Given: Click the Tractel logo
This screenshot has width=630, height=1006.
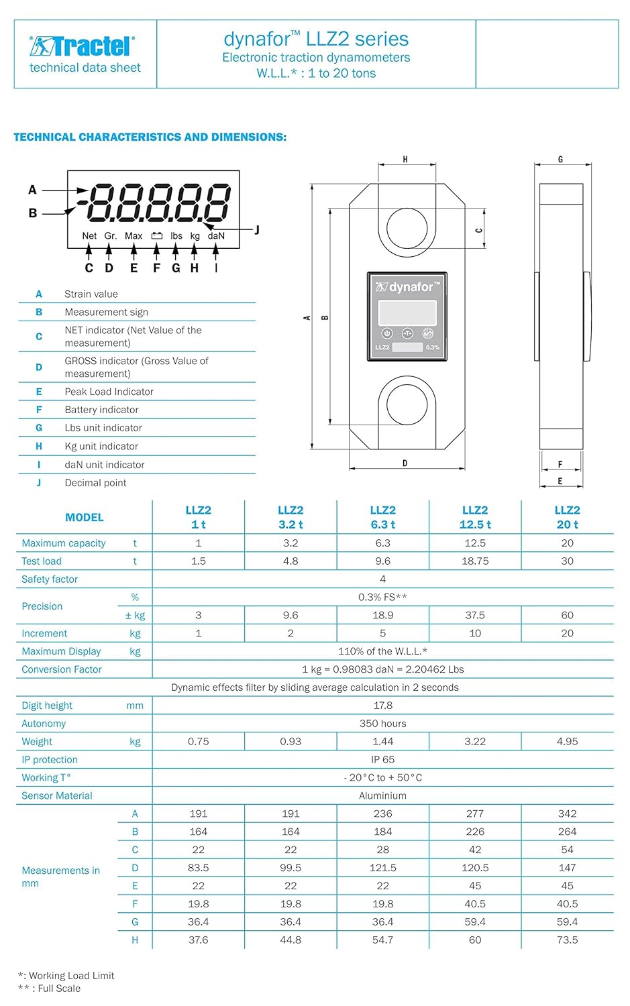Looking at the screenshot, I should pos(83,46).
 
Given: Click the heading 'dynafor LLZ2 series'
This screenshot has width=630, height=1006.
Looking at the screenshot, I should pos(316,39).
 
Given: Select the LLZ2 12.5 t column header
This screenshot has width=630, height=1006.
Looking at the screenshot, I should pos(475,517).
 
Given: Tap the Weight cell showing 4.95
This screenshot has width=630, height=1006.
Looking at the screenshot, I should pos(567,741).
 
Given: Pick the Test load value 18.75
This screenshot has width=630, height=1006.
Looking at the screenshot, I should pos(475,561).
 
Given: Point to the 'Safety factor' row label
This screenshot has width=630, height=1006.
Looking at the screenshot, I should pos(50,579).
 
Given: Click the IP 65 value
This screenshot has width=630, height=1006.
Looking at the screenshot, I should pos(382,759).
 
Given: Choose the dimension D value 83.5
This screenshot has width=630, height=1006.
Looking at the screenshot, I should pos(199,867).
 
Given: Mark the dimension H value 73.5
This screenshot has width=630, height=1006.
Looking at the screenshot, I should pos(567,940).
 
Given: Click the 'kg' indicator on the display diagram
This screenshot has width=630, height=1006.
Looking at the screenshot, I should pos(195,236).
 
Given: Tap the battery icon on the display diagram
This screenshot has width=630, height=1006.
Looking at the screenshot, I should pos(156,236).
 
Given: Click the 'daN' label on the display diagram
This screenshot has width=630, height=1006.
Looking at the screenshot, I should pos(216,236).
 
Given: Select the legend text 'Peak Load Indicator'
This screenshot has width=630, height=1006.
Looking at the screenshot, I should pos(109,392).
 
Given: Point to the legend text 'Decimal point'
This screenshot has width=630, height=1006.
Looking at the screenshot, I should pos(95,483).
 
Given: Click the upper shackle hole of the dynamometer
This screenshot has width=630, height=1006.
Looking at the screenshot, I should pos(407,229).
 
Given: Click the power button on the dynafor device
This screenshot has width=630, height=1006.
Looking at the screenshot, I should pos(386,333).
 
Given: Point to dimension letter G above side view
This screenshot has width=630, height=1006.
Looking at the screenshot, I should pos(560,160).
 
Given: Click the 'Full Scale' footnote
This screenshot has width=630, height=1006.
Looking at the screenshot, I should pos(58,989).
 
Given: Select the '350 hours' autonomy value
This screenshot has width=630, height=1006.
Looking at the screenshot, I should pos(382,724).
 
